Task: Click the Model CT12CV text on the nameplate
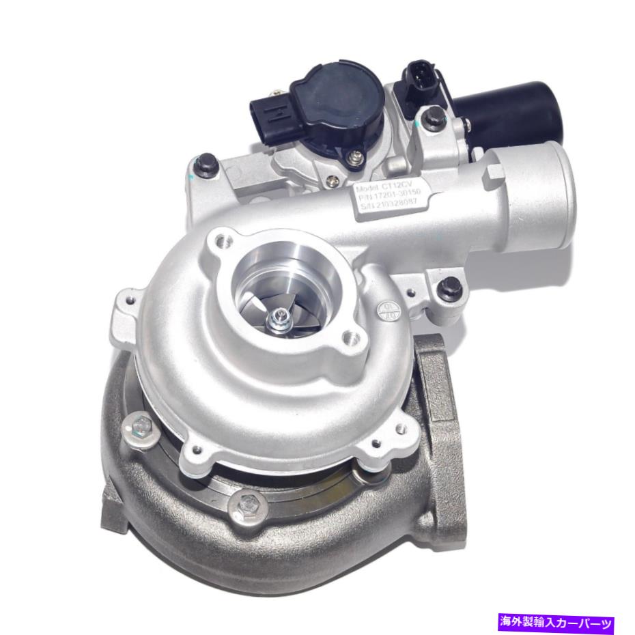pyautogui.click(x=390, y=184)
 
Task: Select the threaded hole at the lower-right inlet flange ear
pyautogui.click(x=352, y=337)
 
